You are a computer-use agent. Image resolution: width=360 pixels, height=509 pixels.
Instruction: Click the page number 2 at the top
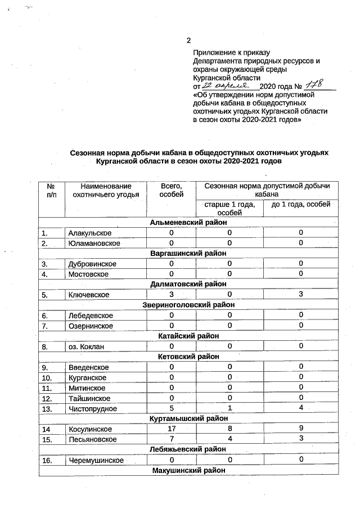tap(189, 40)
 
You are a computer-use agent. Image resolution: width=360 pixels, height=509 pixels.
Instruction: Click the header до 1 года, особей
tap(300, 204)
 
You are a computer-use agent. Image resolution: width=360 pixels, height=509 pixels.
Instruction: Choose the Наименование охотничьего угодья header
tap(106, 190)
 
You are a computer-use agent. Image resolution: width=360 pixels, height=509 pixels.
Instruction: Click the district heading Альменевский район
tap(188, 223)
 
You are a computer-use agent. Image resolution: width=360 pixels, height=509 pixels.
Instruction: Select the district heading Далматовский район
tap(188, 285)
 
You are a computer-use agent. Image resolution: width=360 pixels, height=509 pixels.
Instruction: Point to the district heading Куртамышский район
tap(188, 419)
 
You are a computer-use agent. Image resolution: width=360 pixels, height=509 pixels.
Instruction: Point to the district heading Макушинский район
tap(188, 471)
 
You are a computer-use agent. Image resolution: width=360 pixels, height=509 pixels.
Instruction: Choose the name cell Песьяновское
tap(92, 439)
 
